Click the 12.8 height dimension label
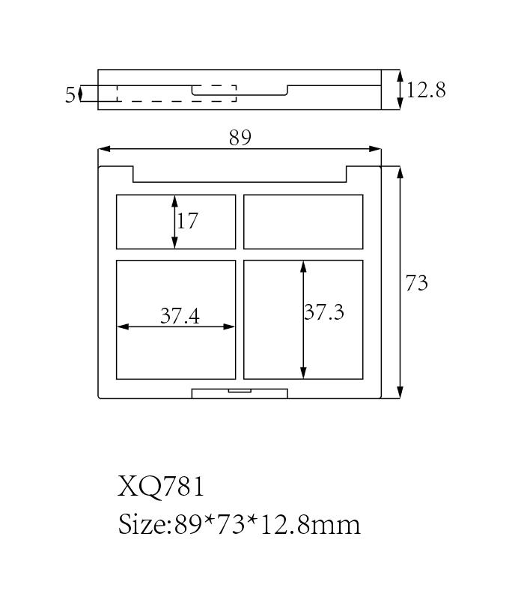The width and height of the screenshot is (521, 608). (426, 90)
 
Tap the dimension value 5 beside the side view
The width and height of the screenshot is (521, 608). (70, 95)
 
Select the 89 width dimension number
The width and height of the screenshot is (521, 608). (240, 138)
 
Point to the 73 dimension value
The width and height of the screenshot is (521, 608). (417, 283)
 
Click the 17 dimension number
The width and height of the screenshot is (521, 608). (188, 221)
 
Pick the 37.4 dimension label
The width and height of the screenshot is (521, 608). (180, 316)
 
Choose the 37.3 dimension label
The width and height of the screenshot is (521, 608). (324, 312)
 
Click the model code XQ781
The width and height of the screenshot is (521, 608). (161, 487)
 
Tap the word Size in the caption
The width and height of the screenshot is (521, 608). (142, 524)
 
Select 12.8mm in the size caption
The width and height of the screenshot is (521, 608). (311, 525)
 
